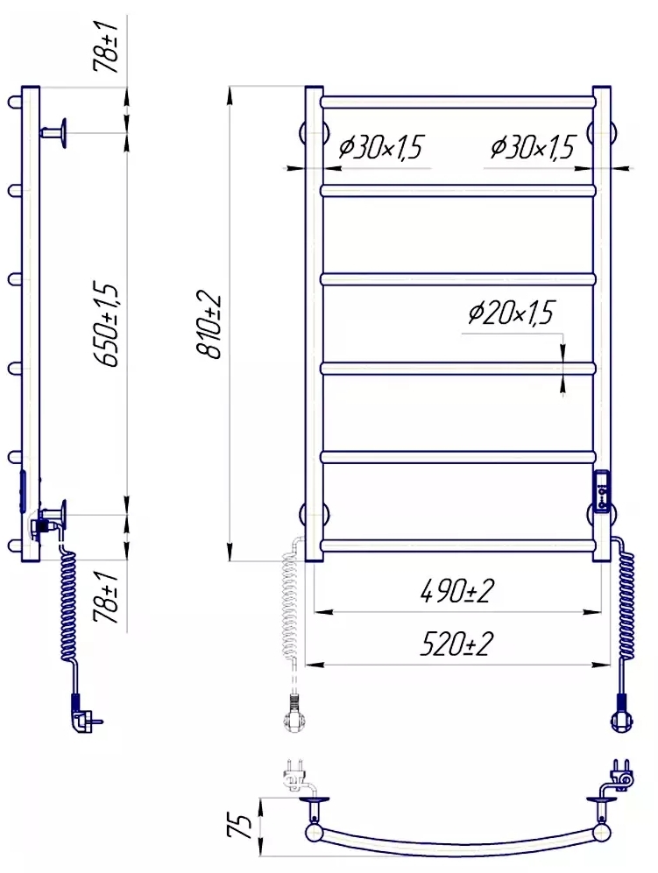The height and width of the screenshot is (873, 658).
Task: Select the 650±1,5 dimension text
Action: (105, 325)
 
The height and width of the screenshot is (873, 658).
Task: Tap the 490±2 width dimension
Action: (456, 591)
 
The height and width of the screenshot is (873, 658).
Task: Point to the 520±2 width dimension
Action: (456, 644)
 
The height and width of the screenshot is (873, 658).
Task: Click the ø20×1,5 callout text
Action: (511, 313)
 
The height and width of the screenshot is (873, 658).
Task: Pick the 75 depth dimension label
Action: (239, 827)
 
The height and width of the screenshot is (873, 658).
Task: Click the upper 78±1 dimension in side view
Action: (105, 48)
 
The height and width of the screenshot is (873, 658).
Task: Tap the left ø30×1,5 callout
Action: (380, 147)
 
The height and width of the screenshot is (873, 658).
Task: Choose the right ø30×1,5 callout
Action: (532, 147)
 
